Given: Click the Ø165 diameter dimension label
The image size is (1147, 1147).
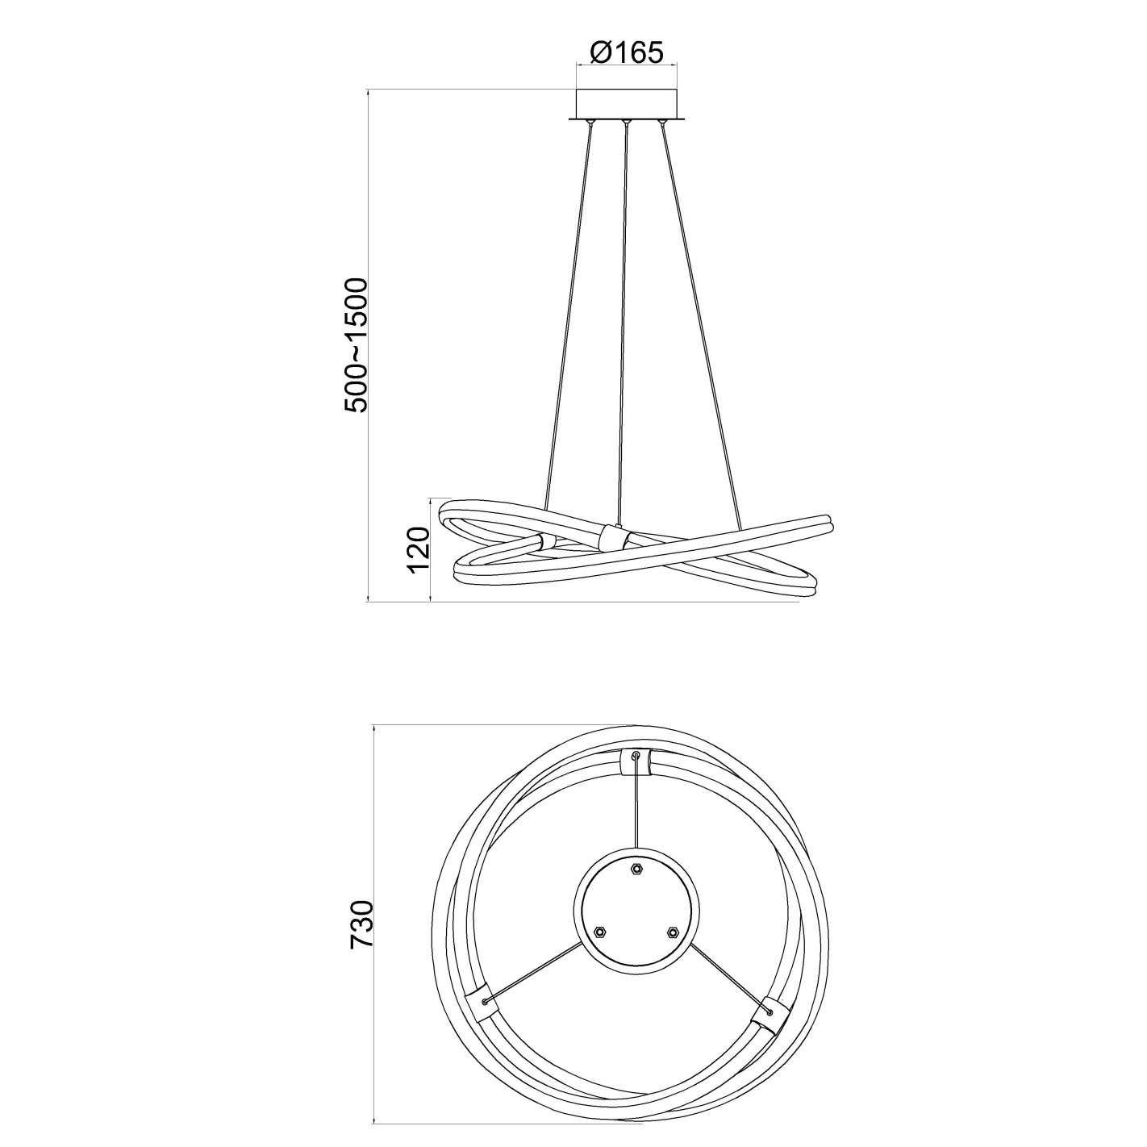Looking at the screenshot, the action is [x=626, y=53].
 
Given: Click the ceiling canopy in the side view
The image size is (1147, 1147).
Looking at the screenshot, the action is [x=626, y=105].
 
